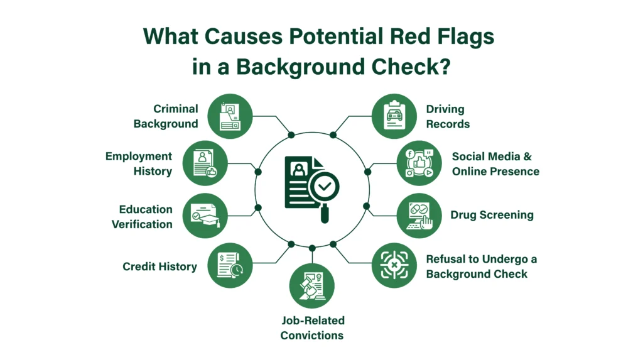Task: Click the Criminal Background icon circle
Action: [x=230, y=116]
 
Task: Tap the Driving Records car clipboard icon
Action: [x=394, y=116]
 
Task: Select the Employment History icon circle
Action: [x=205, y=163]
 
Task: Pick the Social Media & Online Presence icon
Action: [x=419, y=163]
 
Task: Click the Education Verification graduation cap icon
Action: [x=205, y=216]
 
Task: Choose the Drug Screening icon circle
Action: [x=419, y=216]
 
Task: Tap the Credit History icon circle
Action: [x=230, y=265]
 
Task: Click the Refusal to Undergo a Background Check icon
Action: [x=394, y=265]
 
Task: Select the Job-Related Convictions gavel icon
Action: [x=312, y=286]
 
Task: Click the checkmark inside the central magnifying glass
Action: [x=325, y=187]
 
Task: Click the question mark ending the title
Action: [x=445, y=66]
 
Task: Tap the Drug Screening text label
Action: [x=492, y=215]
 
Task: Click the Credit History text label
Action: [x=160, y=266]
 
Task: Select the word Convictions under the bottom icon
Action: [x=312, y=336]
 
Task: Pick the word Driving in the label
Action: [x=445, y=109]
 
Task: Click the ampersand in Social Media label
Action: [x=527, y=156]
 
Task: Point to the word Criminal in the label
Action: [x=176, y=109]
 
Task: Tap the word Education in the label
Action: [x=146, y=209]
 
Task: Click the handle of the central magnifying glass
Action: [x=325, y=214]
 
